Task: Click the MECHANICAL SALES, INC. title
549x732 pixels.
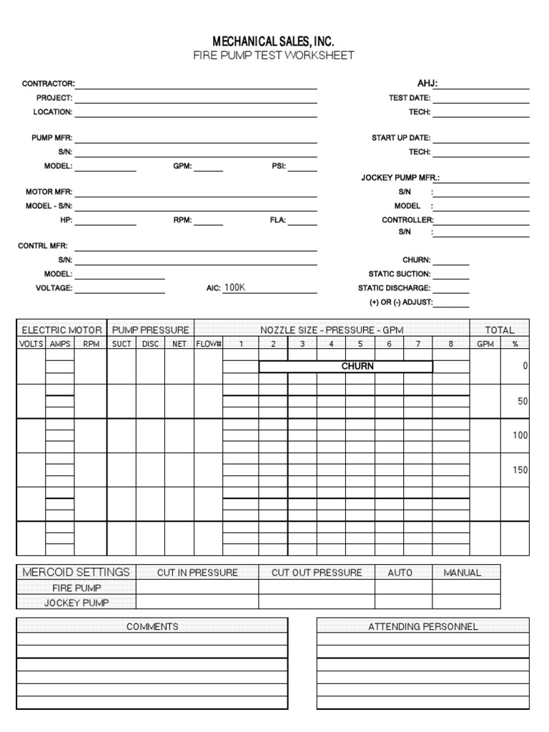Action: coord(274,42)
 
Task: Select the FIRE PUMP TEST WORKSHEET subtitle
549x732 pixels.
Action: coord(274,56)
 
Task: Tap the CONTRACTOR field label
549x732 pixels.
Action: coord(48,84)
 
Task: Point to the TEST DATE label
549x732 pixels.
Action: coord(409,98)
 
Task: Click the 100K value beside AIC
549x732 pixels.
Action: coord(234,287)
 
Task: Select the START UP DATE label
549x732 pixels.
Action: coord(401,138)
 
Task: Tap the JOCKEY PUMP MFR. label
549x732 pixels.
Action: coord(400,177)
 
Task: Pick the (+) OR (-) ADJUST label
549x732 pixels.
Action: coord(401,302)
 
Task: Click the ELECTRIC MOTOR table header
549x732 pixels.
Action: coord(61,330)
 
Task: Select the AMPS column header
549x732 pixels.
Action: coord(60,344)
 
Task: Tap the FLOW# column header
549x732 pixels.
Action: coord(209,344)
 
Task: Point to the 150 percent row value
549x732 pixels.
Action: coord(520,470)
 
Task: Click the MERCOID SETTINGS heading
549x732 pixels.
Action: coord(76,572)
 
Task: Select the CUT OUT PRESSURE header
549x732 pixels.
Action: coord(317,573)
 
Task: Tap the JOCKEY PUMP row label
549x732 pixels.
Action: coord(76,603)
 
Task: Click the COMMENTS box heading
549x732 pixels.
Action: coord(152,626)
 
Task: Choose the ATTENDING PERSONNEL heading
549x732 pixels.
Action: coord(423,626)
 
